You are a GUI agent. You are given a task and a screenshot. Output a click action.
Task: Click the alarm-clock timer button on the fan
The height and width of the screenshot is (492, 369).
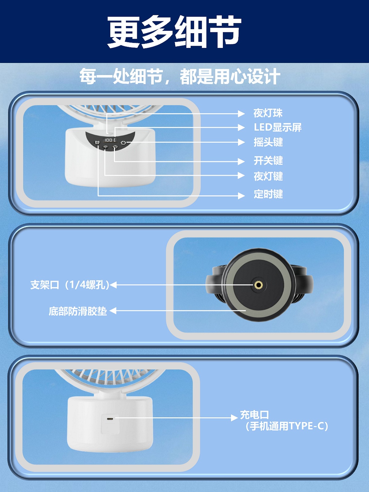[x=97, y=142]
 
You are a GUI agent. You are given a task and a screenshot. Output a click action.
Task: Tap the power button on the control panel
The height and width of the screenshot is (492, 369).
[x=115, y=147]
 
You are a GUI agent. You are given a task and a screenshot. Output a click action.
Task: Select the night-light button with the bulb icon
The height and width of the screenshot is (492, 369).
[x=105, y=147]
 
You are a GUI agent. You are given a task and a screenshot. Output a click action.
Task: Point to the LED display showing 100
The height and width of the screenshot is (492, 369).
[x=109, y=140]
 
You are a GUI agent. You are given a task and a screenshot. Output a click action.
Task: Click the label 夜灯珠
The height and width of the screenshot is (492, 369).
[x=268, y=113]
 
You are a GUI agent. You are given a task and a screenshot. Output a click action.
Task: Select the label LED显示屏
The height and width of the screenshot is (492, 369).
[x=278, y=127]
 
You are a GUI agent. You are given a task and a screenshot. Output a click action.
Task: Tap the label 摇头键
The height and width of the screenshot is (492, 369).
[x=268, y=142]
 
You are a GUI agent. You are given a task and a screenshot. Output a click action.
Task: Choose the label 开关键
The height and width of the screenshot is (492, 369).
[x=268, y=161]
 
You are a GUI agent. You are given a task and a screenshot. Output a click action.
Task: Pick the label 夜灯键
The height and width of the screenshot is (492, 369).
[x=268, y=176]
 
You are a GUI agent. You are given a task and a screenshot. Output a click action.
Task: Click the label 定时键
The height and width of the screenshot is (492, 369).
[x=268, y=194]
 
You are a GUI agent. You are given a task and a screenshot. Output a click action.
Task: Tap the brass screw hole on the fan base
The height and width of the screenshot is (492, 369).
[x=259, y=285]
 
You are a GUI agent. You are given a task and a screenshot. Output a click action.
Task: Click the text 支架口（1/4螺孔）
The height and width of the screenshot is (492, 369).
[x=70, y=285]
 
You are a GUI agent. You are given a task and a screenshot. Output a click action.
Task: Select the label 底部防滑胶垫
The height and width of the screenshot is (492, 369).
[x=78, y=311]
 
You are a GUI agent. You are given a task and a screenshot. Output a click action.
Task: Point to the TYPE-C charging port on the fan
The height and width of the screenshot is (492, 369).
[x=110, y=419]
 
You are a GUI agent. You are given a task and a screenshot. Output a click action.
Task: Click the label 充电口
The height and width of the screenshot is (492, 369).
[x=254, y=415]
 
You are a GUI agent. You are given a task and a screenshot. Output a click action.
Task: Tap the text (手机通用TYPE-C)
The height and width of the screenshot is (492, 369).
[x=287, y=426]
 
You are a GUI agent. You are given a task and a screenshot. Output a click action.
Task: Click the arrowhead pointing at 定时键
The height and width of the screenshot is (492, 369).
[x=241, y=196]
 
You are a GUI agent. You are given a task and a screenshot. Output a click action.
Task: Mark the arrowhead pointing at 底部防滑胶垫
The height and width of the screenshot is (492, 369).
[x=113, y=311]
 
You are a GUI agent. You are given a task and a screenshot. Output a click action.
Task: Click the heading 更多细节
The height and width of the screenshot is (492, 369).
[x=174, y=31]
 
